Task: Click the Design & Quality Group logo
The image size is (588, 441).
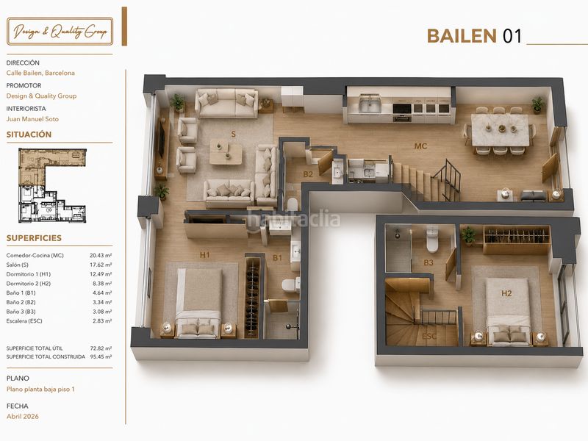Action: point(60,32)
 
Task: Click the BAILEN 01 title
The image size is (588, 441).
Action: point(474,36)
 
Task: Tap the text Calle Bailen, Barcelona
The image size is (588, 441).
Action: point(40,73)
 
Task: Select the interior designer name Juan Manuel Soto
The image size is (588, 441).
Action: point(32,119)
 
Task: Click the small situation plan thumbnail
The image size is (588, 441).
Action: point(53,185)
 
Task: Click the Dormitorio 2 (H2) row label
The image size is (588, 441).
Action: point(29,284)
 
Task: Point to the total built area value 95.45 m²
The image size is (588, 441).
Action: point(101,356)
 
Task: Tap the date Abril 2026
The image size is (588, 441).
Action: point(23,416)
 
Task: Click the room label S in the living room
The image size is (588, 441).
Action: point(233,135)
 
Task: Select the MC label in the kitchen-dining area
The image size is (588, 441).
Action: point(420,146)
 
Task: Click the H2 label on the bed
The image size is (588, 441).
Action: point(506,293)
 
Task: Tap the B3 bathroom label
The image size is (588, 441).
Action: point(429,262)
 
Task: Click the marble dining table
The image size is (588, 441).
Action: point(501,129)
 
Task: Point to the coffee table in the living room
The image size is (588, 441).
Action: point(226,151)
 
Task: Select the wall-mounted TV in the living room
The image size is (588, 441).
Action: point(162,139)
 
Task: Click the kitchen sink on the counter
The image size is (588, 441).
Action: point(370,104)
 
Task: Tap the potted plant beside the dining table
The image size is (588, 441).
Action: point(538,104)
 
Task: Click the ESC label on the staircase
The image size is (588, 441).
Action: point(429,336)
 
